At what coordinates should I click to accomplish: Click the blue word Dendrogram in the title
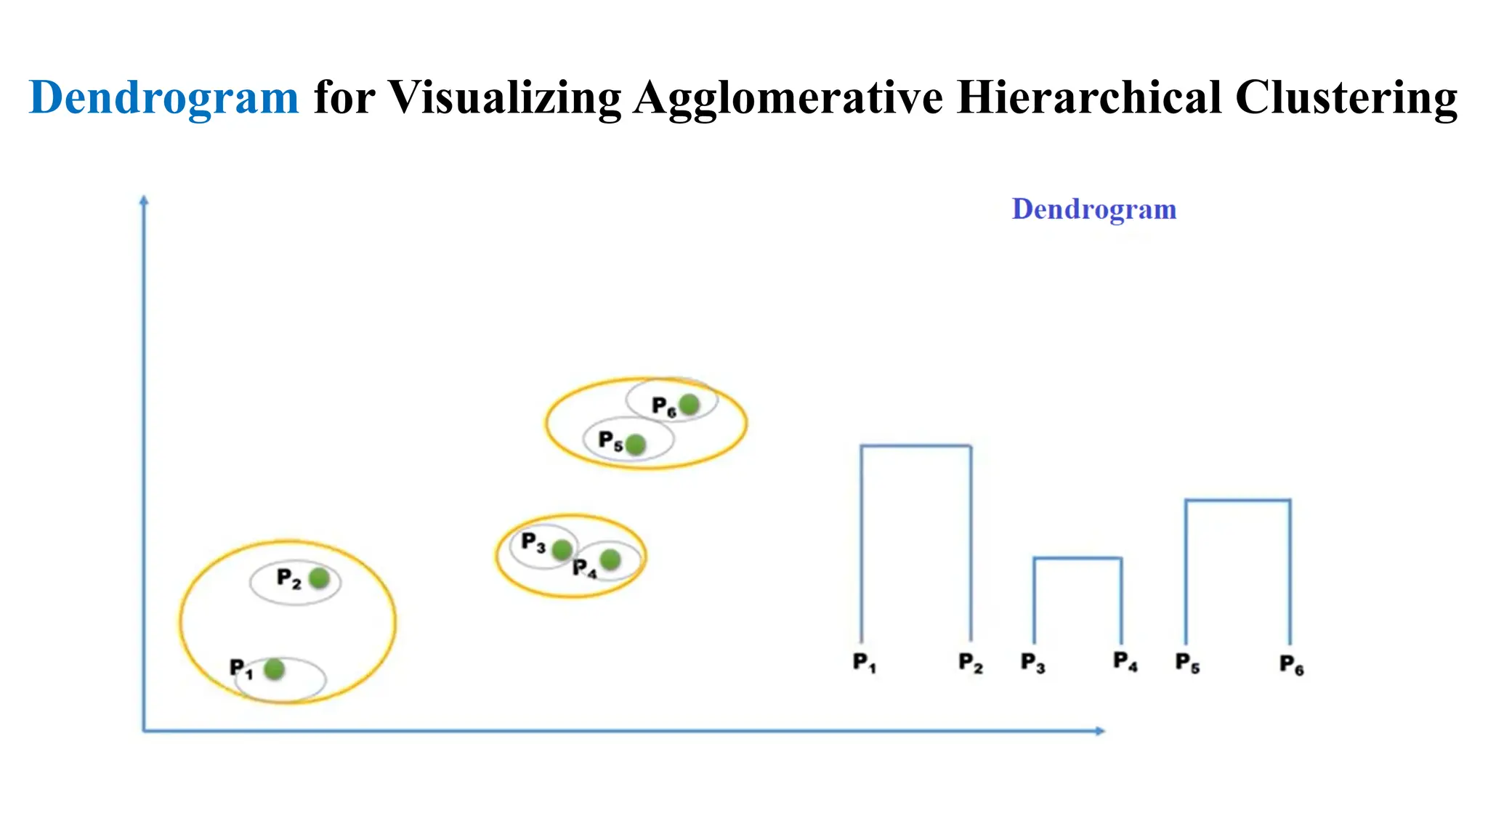pyautogui.click(x=163, y=98)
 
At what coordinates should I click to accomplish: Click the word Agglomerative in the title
pyautogui.click(x=788, y=98)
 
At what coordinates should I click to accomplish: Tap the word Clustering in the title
pyautogui.click(x=1346, y=98)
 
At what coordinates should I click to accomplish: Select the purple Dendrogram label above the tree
pyautogui.click(x=1093, y=209)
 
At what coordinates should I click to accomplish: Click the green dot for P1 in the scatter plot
pyautogui.click(x=274, y=669)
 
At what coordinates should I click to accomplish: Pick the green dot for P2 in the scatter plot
pyautogui.click(x=319, y=578)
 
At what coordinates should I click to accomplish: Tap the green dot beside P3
pyautogui.click(x=562, y=550)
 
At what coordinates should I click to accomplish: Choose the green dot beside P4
pyautogui.click(x=610, y=559)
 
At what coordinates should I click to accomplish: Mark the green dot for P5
pyautogui.click(x=636, y=444)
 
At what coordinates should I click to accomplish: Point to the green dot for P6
pyautogui.click(x=689, y=404)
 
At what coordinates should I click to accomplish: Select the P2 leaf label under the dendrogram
pyautogui.click(x=971, y=663)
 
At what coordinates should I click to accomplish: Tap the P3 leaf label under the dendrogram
pyautogui.click(x=1032, y=663)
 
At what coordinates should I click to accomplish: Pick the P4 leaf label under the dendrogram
pyautogui.click(x=1125, y=662)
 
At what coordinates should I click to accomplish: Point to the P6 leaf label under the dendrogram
pyautogui.click(x=1292, y=665)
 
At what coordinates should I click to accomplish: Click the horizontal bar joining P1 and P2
pyautogui.click(x=915, y=445)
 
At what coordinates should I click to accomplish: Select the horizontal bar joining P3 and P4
pyautogui.click(x=1077, y=558)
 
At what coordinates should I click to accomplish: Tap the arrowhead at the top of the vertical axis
pyautogui.click(x=144, y=200)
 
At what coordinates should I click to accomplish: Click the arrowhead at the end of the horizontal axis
pyautogui.click(x=1100, y=731)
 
